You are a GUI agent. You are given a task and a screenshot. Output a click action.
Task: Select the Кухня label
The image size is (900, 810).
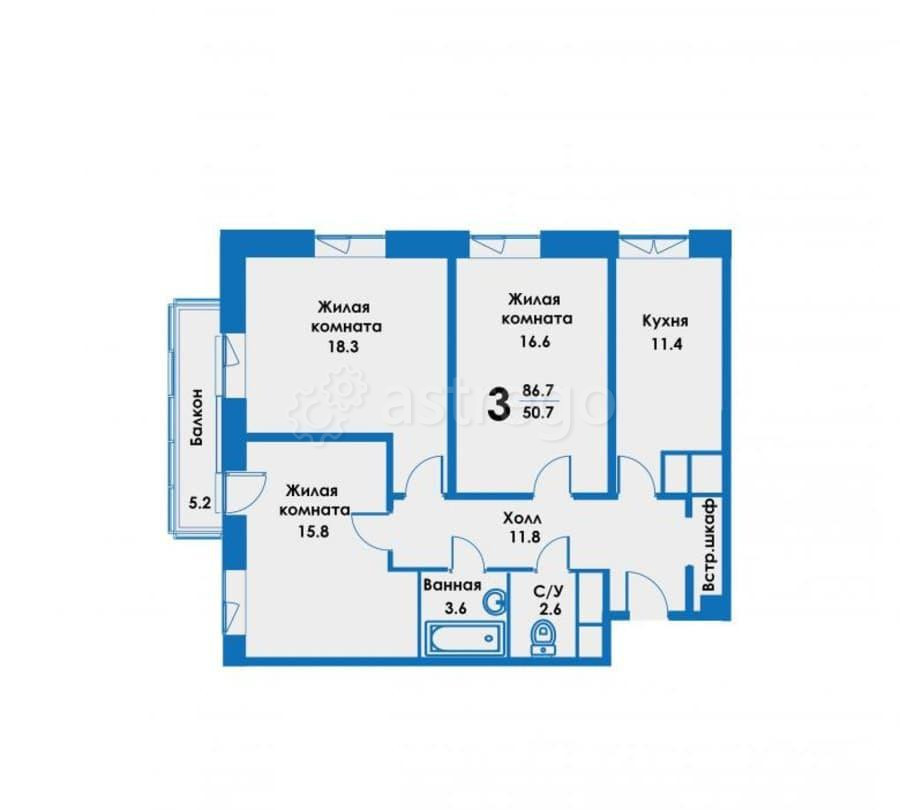664,322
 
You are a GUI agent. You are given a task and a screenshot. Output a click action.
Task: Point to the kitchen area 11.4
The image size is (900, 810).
664,345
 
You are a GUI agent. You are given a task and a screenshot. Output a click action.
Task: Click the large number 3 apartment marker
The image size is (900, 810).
497,405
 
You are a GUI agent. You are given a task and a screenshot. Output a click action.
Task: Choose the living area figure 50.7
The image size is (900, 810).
538,411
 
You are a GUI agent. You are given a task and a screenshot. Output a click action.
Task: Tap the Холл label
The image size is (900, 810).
521,518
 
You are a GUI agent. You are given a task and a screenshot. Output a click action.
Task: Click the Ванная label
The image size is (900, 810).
453,586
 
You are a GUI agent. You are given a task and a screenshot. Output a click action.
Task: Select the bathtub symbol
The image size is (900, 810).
461,639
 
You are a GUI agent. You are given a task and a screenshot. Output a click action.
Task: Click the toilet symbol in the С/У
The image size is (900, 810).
543,634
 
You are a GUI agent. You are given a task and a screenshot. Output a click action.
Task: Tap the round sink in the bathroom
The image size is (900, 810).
494,601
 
